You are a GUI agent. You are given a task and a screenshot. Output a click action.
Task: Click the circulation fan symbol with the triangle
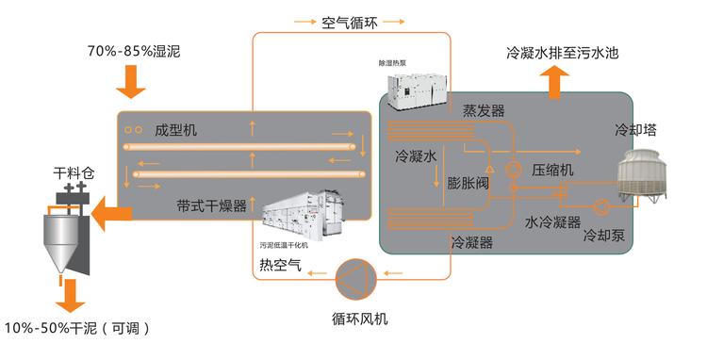coord(355,279)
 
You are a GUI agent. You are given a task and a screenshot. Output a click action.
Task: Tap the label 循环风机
coord(359,319)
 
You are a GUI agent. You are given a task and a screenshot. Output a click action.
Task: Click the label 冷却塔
coord(635,130)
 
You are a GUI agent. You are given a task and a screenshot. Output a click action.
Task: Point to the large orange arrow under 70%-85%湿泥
coord(131,82)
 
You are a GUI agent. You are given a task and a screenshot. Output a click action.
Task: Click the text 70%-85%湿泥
coord(134,52)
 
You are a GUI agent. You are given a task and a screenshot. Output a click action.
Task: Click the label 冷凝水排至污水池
coord(562,53)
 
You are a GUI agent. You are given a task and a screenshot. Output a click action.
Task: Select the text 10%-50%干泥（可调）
coord(76,328)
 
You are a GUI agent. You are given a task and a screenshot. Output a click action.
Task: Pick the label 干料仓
coord(74,173)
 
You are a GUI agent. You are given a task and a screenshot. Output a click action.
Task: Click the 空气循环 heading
coord(350,22)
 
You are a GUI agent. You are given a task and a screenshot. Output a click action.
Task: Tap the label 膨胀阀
coord(468,183)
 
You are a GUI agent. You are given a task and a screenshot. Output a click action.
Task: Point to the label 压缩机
coord(552,170)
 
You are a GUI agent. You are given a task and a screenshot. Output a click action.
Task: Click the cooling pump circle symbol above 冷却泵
coord(601,206)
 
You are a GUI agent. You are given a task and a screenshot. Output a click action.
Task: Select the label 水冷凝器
coord(552,221)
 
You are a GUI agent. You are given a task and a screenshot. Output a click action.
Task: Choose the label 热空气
coord(280,265)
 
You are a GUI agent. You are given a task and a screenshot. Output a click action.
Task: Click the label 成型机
coord(176,130)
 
